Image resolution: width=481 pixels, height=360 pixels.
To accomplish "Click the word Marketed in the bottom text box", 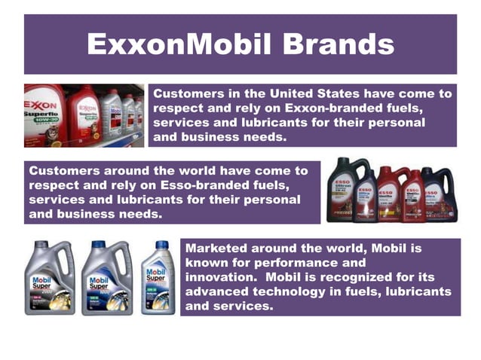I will pyautogui.click(x=217, y=248).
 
